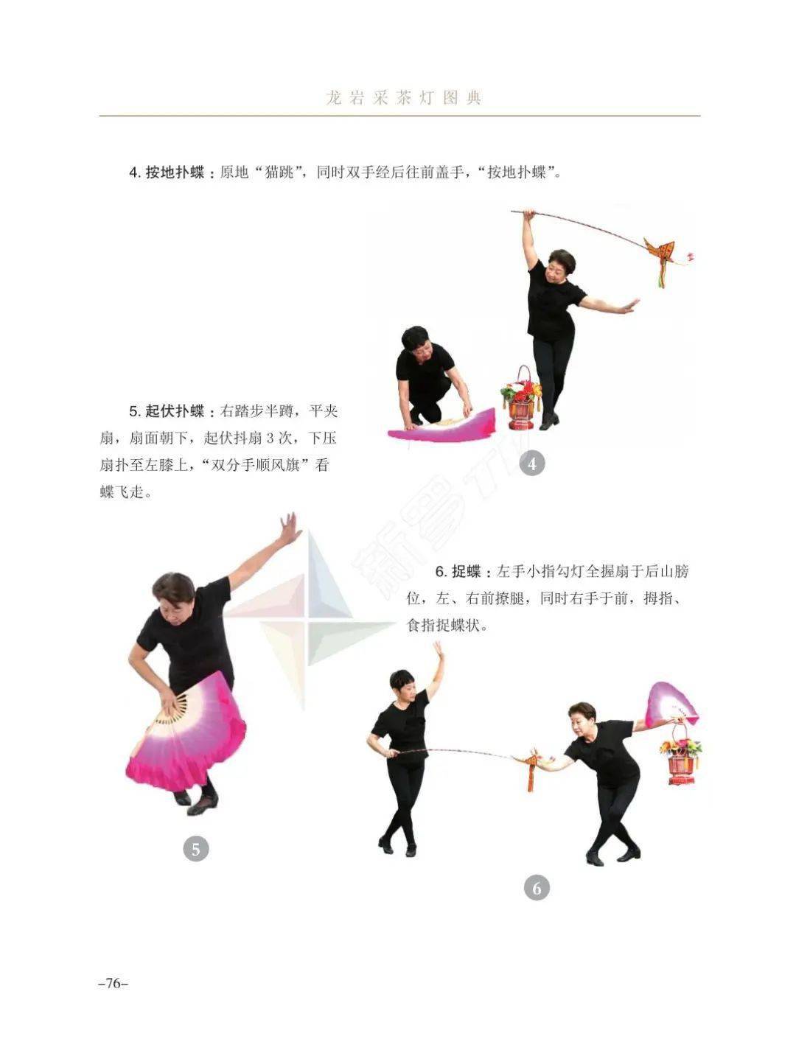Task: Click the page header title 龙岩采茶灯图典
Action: pyautogui.click(x=403, y=98)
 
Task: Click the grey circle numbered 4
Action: pyautogui.click(x=532, y=464)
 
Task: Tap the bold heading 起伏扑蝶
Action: pyautogui.click(x=175, y=411)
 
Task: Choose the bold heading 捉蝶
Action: pyautogui.click(x=466, y=572)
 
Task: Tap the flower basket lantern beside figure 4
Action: pyautogui.click(x=521, y=397)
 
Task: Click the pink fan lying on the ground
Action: pyautogui.click(x=441, y=424)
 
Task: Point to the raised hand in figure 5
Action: pyautogui.click(x=290, y=528)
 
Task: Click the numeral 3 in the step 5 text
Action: pyautogui.click(x=270, y=438)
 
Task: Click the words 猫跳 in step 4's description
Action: pyautogui.click(x=279, y=172)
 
